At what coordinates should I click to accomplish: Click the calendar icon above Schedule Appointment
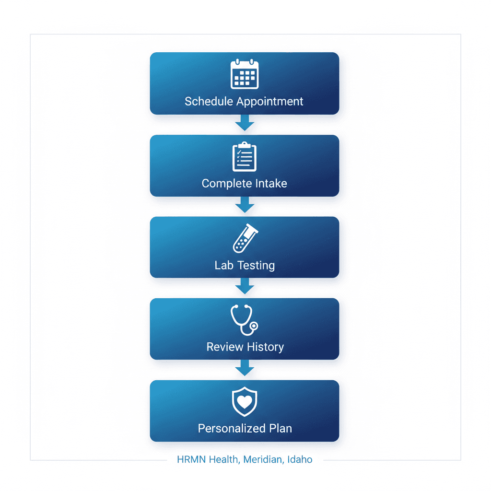coord(245,74)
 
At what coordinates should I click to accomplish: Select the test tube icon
coord(245,238)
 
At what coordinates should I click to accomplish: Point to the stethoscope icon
coord(244,320)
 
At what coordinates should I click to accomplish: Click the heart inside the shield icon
coord(245,402)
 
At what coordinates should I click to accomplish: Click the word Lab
coord(224,265)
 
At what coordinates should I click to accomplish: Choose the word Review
coord(223,347)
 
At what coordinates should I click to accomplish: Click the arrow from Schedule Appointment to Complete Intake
coord(245,124)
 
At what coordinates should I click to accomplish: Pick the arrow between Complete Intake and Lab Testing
coord(245,206)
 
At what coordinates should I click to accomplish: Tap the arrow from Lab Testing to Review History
coord(245,288)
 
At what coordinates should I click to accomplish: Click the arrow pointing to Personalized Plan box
coord(245,370)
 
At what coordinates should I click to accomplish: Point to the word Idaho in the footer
coord(300,459)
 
